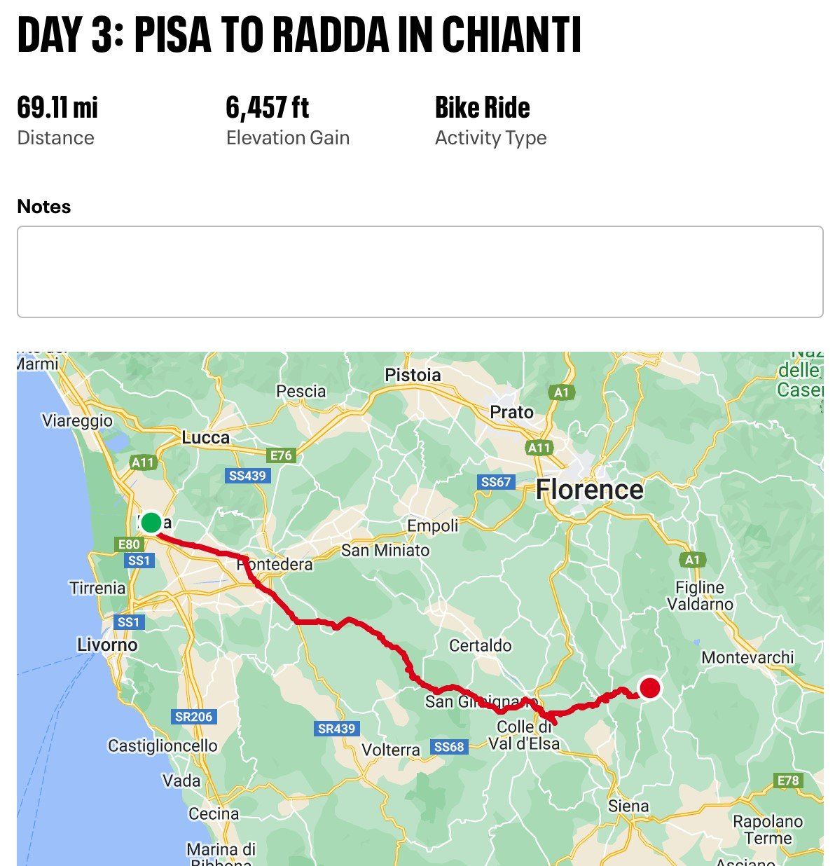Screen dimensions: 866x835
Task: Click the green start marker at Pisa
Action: pos(151,523)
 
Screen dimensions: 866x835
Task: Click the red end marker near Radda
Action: pos(650,688)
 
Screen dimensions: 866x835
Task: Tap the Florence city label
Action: pos(589,489)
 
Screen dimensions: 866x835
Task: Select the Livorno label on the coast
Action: pos(107,645)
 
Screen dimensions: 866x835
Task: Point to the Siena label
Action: pos(628,806)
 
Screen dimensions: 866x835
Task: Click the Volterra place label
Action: pos(391,750)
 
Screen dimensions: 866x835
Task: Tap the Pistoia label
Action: pos(413,376)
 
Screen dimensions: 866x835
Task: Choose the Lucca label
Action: pos(205,438)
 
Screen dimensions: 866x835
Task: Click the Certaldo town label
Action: pos(480,645)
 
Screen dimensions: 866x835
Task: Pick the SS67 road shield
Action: pos(496,482)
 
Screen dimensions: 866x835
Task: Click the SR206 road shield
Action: pos(193,717)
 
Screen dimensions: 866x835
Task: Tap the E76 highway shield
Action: pos(281,455)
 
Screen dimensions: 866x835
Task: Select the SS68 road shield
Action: pos(448,747)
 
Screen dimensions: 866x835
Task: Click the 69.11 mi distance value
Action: pos(57,107)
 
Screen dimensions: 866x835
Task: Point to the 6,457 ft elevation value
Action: pos(267,107)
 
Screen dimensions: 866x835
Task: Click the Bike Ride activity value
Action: pos(482,107)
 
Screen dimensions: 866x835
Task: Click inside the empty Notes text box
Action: pos(420,272)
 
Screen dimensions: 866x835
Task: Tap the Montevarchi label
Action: pos(747,657)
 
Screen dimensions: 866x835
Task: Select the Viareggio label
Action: pos(77,420)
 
